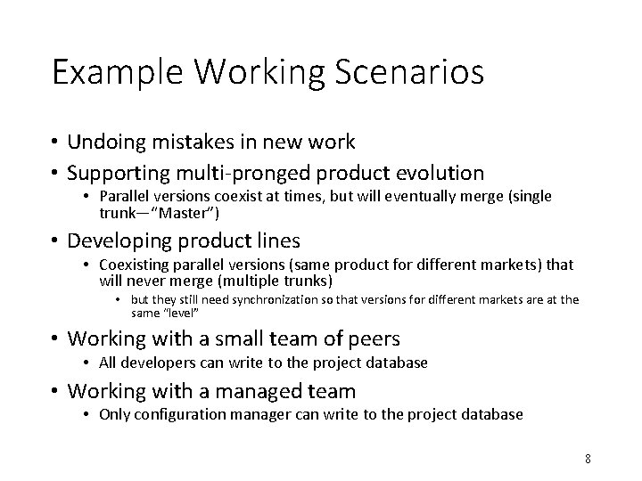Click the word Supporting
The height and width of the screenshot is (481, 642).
pos(118,172)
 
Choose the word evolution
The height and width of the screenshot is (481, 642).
pos(437,172)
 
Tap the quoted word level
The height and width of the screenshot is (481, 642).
pos(181,314)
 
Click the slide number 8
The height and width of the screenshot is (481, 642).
pos(588,459)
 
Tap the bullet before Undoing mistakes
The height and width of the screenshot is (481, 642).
pos(55,141)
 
